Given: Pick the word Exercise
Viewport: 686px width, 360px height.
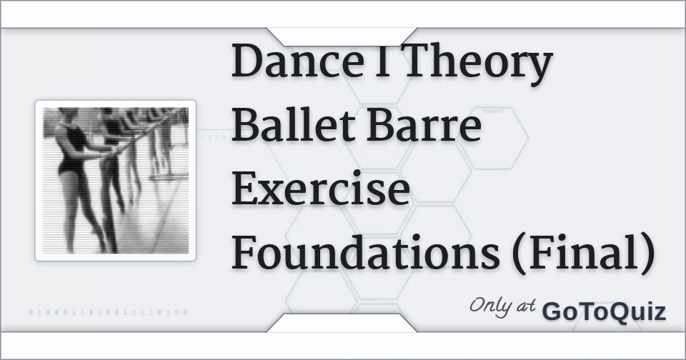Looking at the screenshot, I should pos(321,191).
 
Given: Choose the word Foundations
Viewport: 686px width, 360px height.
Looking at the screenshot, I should pos(364,254).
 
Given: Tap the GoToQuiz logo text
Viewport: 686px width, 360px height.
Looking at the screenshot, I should pos(604,312).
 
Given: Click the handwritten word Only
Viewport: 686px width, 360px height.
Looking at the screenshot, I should pos(491,306).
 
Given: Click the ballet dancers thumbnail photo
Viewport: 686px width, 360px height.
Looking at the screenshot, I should pos(116,181).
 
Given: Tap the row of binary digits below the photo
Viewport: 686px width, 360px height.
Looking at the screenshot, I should pos(109,312).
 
